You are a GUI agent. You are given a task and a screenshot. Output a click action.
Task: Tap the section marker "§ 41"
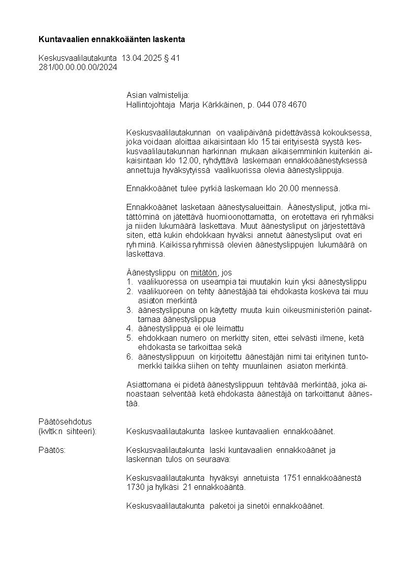(x=172, y=58)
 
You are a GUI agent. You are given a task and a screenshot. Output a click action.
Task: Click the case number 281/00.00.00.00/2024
(x=78, y=67)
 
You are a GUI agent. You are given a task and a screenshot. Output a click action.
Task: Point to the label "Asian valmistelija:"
(x=157, y=95)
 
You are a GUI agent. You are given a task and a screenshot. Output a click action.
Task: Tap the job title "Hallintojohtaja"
(x=151, y=104)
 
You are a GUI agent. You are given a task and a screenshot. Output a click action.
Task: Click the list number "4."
(x=129, y=328)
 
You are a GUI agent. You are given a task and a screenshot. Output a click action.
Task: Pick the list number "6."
(x=129, y=357)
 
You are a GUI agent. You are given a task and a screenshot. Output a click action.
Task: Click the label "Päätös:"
(x=52, y=450)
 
